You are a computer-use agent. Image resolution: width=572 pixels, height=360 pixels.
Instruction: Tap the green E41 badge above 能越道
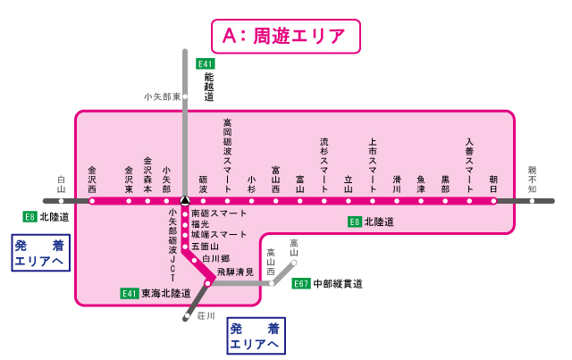click(206, 63)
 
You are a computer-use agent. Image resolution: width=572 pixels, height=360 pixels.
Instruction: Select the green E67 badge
click(301, 283)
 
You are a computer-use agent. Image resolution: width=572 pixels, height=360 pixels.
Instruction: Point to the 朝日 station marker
click(493, 201)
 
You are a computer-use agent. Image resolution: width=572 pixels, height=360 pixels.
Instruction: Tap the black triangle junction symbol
click(184, 201)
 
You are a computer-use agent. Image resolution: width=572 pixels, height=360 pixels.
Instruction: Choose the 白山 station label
click(62, 184)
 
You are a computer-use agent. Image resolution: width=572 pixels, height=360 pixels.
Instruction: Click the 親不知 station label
click(533, 180)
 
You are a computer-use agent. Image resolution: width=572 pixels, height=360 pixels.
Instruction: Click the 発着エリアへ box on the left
click(38, 254)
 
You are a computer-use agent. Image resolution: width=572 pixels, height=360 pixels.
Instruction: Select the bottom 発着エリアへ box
click(255, 335)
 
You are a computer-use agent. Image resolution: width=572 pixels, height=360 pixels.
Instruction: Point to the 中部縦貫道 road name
click(338, 284)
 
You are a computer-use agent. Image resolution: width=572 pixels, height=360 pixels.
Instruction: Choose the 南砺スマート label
click(219, 214)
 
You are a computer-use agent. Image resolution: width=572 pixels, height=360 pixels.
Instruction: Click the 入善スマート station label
click(469, 165)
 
